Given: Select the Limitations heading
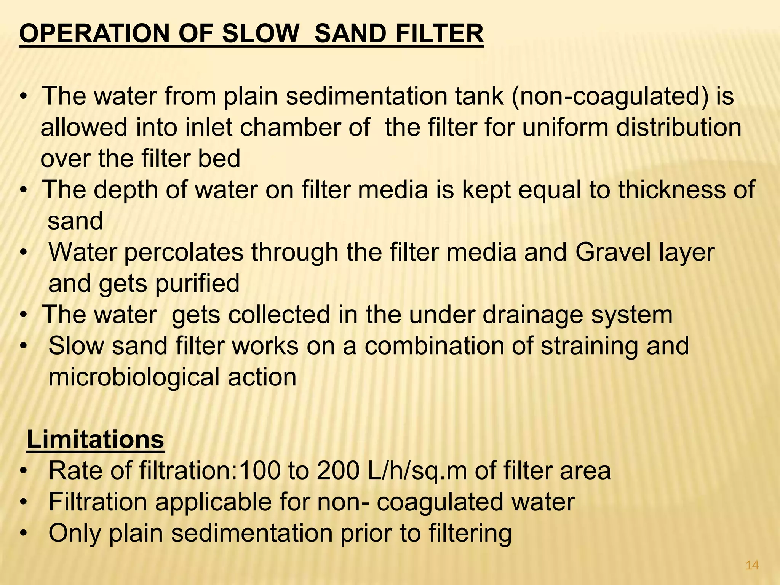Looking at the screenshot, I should tap(95, 440).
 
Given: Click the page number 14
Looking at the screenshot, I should tap(752, 566).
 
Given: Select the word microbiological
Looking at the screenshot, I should tap(134, 377).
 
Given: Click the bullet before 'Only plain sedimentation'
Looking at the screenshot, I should tap(24, 533).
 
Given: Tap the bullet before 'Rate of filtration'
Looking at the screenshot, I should tap(24, 471).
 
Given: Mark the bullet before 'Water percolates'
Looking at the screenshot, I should tap(24, 253).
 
